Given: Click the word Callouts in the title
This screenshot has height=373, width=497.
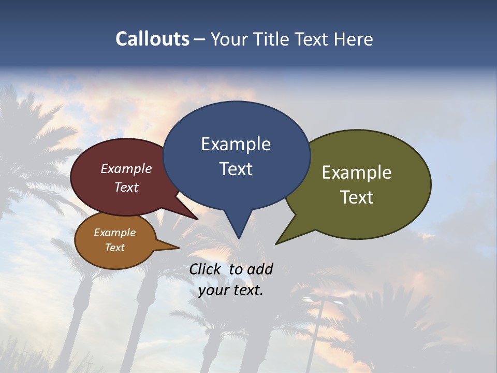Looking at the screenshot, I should pos(152,39).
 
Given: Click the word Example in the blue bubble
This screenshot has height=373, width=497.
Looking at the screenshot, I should pos(236,144).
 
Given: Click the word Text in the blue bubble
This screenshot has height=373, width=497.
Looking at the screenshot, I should pos(236,169).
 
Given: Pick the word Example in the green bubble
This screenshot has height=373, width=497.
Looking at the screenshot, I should pos(357,173).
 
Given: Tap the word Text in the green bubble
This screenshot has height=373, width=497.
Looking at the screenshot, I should pos(357,197).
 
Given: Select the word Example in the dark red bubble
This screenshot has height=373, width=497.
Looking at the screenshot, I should pos(126,169).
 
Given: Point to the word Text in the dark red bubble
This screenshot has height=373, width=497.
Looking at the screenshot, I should pos(126,188).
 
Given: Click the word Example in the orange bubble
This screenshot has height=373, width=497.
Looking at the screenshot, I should pos(114,233).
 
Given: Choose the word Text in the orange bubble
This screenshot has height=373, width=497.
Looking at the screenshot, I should pos(114,248).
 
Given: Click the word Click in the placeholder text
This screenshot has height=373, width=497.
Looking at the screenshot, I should pos(206,269).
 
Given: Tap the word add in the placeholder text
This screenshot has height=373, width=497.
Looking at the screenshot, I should pos(260,269).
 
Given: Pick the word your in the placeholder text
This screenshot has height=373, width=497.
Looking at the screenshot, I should pos(213,291).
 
